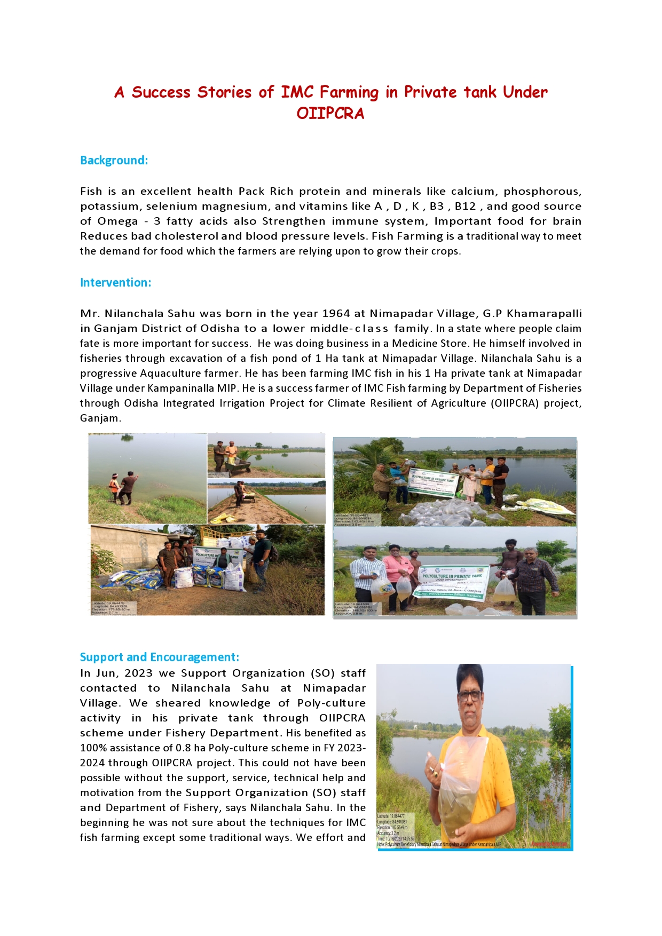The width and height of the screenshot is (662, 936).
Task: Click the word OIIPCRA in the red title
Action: (x=330, y=114)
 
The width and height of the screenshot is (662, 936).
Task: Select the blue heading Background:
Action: (x=114, y=161)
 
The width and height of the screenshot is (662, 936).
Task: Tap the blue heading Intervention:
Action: (x=115, y=283)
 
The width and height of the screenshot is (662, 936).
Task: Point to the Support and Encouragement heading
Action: (x=159, y=657)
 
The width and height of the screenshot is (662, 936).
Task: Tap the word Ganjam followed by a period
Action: (x=100, y=418)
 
